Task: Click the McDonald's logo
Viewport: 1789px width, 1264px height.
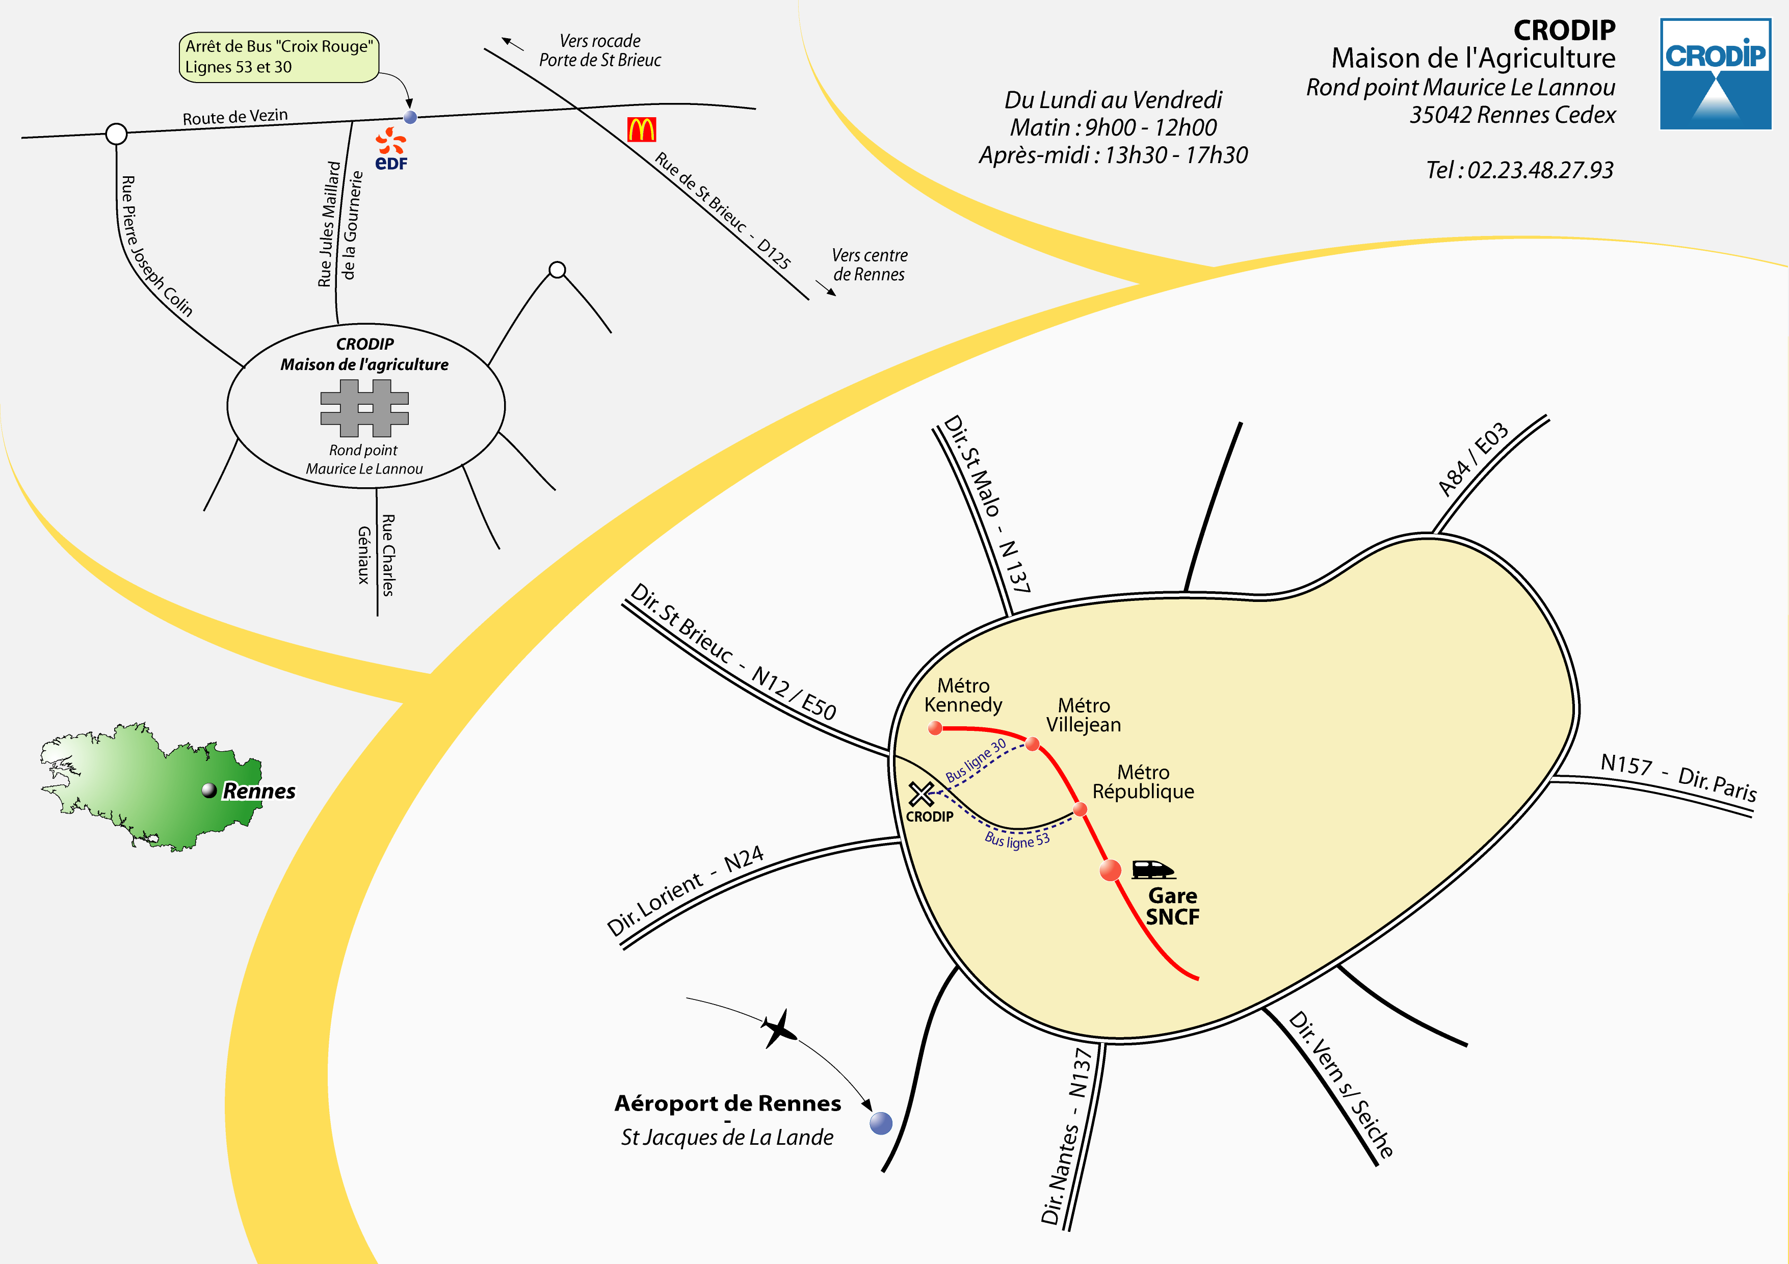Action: point(641,129)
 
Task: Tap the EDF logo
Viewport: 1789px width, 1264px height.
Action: point(391,149)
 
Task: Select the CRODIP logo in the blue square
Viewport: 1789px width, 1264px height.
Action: point(1715,74)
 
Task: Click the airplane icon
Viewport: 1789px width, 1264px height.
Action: point(779,1029)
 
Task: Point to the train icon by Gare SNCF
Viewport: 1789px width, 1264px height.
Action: point(1152,869)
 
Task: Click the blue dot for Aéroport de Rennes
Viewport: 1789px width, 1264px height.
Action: point(880,1123)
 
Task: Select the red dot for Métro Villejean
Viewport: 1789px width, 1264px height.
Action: point(1033,744)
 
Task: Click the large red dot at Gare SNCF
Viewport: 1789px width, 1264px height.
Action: point(1110,871)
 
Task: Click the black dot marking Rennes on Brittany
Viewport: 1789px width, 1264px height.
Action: point(209,790)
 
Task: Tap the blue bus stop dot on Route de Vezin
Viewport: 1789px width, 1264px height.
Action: point(410,118)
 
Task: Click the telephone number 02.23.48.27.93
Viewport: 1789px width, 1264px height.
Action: point(1540,170)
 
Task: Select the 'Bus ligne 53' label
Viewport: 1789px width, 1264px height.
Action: point(1017,840)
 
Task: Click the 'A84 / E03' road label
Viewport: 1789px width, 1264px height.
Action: point(1472,460)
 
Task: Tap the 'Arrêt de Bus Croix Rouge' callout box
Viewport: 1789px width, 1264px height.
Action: point(279,57)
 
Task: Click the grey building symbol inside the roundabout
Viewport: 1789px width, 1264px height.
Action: point(364,408)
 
